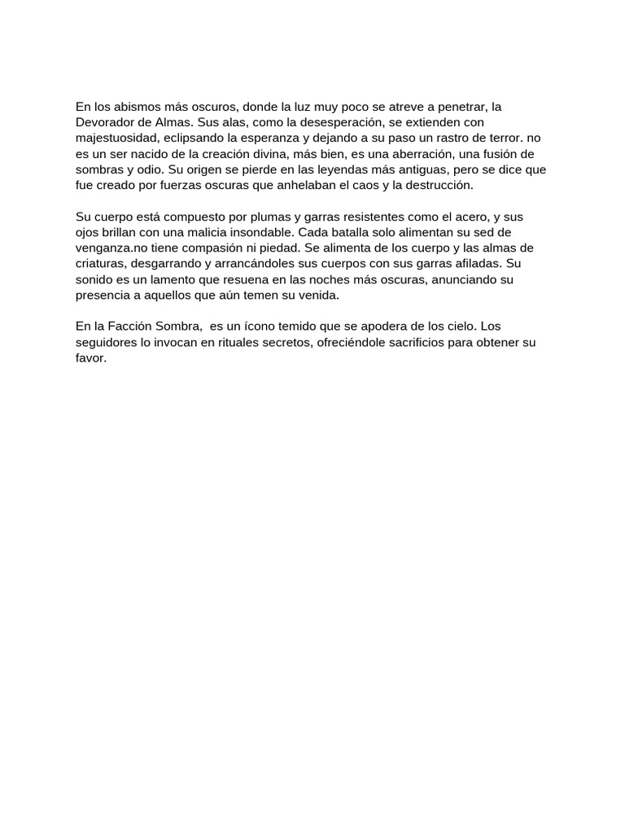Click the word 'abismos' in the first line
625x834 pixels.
(x=138, y=107)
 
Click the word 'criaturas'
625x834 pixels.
(x=100, y=265)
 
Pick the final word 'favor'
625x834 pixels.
(x=90, y=358)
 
